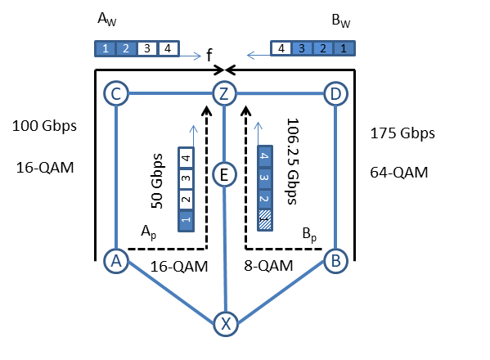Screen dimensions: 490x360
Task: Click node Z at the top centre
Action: point(224,93)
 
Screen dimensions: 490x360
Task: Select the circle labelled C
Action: point(116,93)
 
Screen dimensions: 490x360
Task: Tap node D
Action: point(335,93)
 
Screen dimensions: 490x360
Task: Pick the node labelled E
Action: point(224,174)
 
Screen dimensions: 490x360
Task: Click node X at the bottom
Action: point(226,324)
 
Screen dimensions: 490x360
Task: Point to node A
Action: point(116,261)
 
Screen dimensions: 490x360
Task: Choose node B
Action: point(335,261)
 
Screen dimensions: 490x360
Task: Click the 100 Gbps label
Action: point(44,126)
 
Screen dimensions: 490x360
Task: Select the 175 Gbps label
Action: point(402,133)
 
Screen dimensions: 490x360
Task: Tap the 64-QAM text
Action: point(399,173)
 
